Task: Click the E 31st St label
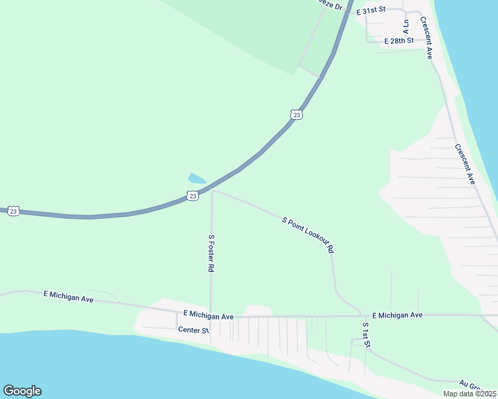point(371,11)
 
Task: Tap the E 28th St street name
point(399,41)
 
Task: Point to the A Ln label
point(405,26)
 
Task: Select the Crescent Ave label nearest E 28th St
point(426,37)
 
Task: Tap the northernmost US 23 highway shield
point(297,114)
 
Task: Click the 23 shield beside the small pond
point(192,196)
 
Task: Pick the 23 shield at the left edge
point(13,211)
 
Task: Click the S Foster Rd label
point(211,253)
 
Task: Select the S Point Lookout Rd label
point(308,235)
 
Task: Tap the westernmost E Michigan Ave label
point(69,297)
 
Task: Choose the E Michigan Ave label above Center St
point(208,315)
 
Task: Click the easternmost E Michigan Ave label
point(397,315)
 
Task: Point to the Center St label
point(194,330)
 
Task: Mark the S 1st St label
point(366,334)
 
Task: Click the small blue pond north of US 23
point(196,178)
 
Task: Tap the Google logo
point(22,391)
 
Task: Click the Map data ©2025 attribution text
point(470,394)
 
